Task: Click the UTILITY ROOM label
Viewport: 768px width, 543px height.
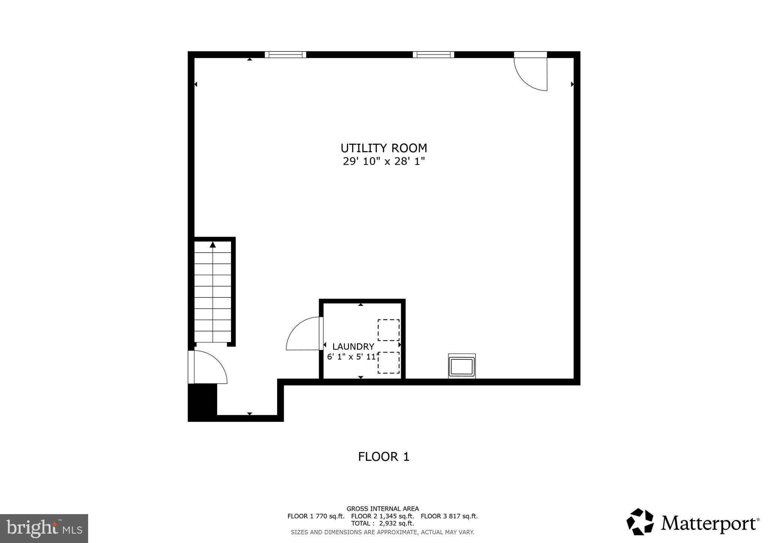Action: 384,148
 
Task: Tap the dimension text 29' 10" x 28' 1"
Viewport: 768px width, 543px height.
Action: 384,162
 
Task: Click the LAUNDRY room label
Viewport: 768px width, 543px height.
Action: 353,346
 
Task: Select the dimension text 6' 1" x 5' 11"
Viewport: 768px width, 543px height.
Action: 351,357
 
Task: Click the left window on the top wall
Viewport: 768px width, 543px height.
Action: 285,55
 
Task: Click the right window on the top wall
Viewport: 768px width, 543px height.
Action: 433,55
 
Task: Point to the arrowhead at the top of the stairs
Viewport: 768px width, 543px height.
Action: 213,245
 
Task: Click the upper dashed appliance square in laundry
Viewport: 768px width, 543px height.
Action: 388,330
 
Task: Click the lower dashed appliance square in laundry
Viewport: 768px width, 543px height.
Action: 388,363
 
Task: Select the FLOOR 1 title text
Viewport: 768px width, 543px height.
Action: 384,457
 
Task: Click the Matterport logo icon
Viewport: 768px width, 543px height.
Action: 640,522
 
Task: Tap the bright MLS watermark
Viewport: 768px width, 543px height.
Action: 44,528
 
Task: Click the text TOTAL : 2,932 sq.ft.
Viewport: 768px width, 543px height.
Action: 382,523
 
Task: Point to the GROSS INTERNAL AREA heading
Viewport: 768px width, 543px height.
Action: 382,509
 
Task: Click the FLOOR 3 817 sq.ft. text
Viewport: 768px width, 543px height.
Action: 449,516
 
